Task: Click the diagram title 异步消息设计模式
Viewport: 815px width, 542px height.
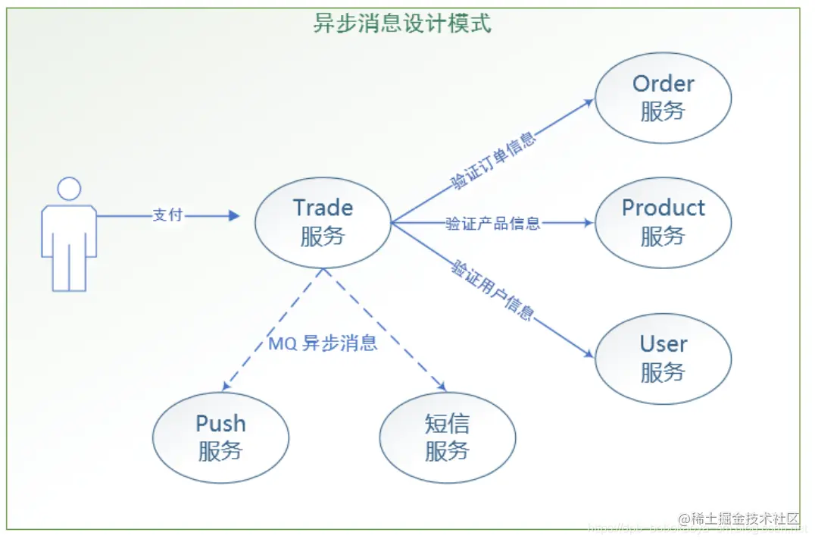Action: [x=402, y=23]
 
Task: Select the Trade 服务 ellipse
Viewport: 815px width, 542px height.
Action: [x=323, y=222]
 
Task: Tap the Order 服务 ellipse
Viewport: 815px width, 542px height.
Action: [x=663, y=98]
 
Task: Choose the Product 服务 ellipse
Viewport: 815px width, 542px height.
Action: [x=663, y=222]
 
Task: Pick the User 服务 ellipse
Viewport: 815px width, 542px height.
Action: [x=663, y=358]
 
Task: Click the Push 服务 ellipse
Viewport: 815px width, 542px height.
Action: [x=220, y=437]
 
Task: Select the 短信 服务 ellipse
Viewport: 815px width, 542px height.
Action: [x=447, y=437]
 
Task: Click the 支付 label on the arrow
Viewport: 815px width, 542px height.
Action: [x=168, y=215]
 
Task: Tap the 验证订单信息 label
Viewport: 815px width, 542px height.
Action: [x=493, y=161]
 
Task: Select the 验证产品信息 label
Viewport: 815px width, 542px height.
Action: [x=492, y=223]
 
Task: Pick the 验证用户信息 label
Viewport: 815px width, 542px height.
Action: [x=492, y=290]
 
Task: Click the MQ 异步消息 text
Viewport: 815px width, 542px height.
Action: [x=323, y=343]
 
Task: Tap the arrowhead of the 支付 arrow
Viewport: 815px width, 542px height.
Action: [x=233, y=216]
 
